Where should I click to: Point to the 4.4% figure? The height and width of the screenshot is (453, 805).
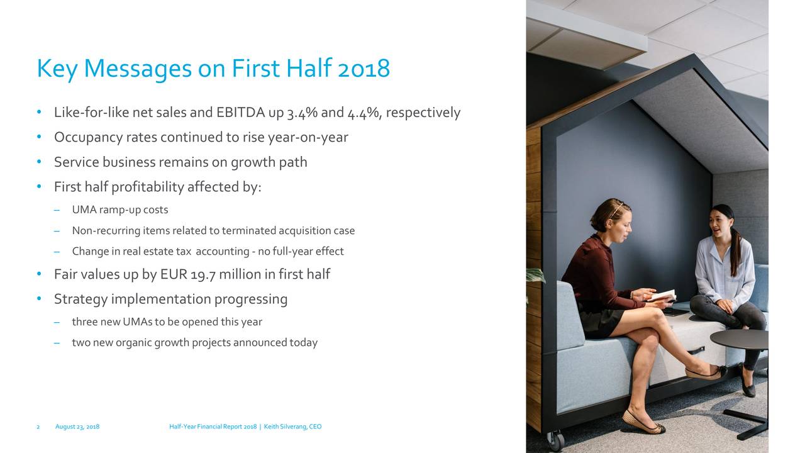(x=363, y=113)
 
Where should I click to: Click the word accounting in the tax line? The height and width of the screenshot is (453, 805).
(x=223, y=252)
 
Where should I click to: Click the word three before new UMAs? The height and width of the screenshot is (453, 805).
(x=85, y=322)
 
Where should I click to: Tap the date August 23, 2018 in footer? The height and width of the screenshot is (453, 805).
(x=77, y=427)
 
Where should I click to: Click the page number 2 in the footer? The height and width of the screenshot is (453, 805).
(x=38, y=427)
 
